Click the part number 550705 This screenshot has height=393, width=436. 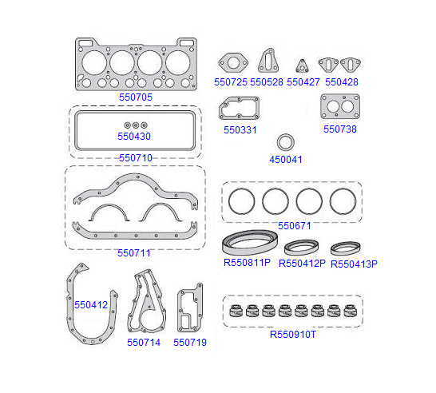136,97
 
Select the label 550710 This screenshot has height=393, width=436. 136,157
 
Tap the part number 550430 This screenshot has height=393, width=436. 134,137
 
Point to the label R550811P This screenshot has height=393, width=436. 247,263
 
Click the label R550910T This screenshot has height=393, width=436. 293,335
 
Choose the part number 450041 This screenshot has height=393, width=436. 286,160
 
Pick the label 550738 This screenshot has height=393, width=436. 340,129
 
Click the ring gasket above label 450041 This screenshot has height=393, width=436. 286,136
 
